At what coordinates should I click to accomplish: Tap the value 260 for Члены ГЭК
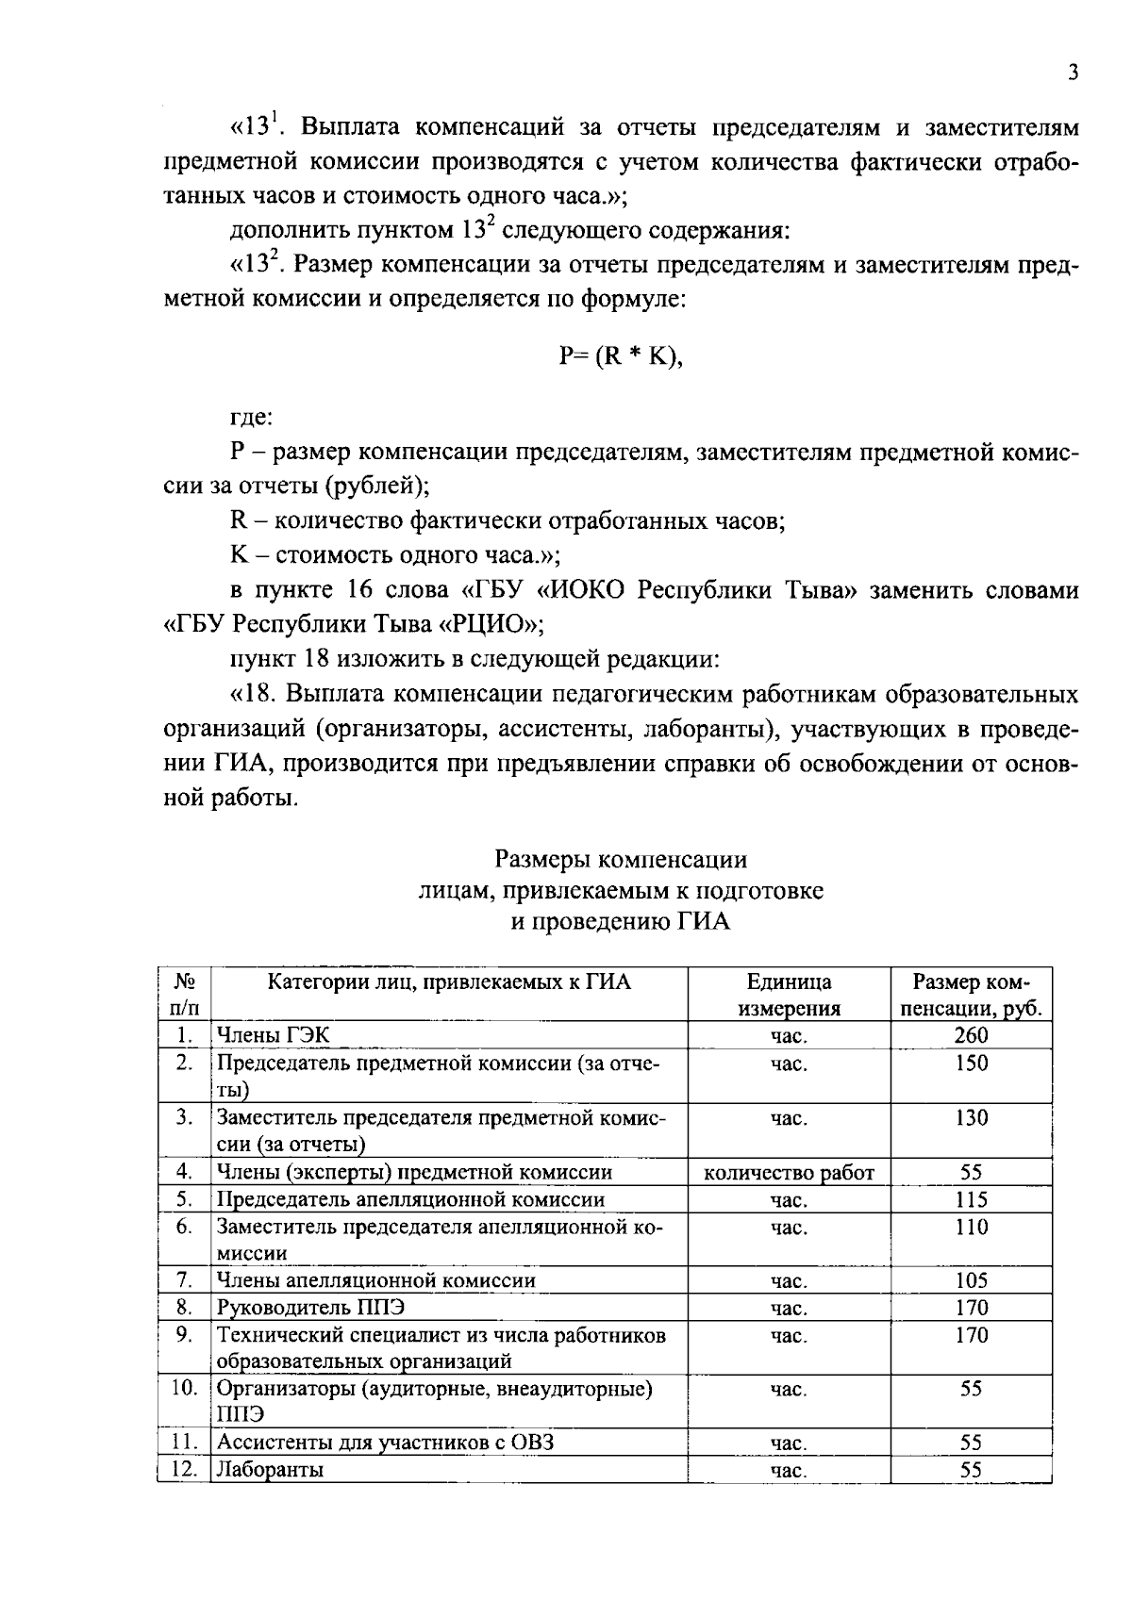[971, 1035]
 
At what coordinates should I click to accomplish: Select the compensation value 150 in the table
[971, 1064]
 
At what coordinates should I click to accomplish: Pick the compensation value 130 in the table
[971, 1118]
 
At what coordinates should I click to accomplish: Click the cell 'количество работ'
[790, 1173]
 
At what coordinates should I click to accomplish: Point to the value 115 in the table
[971, 1200]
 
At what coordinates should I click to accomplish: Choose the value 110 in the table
[971, 1228]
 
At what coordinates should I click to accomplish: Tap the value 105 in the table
[971, 1280]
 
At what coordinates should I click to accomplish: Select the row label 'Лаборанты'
[271, 1470]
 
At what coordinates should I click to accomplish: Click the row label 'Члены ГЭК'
[274, 1035]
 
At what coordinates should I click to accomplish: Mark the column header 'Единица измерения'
[790, 996]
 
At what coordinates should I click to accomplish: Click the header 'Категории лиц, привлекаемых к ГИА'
[449, 983]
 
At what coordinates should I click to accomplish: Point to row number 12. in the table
[184, 1470]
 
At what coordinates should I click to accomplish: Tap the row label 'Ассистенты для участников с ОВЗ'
[385, 1443]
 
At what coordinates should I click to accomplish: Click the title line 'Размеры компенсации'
[621, 860]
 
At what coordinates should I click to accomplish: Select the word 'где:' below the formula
[251, 417]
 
